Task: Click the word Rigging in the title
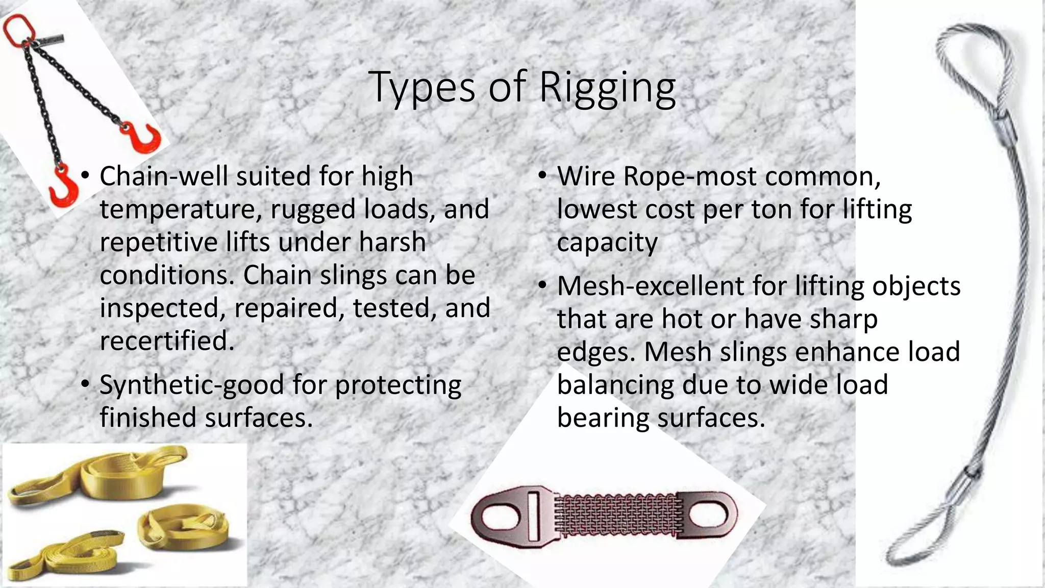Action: [607, 88]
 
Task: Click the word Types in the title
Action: [423, 88]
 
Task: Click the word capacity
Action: [607, 243]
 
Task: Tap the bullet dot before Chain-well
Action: [85, 177]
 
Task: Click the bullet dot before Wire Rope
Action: [542, 177]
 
